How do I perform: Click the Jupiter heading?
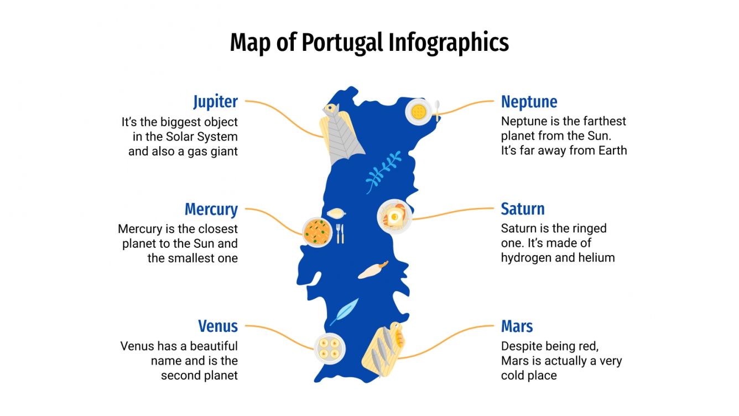[x=215, y=102]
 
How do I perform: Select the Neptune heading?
[x=529, y=102]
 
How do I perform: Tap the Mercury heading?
[x=211, y=210]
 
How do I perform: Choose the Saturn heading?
[x=522, y=209]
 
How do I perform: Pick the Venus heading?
[x=218, y=326]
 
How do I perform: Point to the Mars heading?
[x=517, y=326]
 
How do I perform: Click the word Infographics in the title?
[x=448, y=43]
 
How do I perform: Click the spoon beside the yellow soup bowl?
[x=437, y=110]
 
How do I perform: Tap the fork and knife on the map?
[x=340, y=233]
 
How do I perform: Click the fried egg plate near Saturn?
[x=394, y=216]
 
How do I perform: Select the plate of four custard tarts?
[x=330, y=349]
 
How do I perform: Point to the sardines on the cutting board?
[x=382, y=350]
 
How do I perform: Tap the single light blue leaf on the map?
[x=345, y=311]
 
